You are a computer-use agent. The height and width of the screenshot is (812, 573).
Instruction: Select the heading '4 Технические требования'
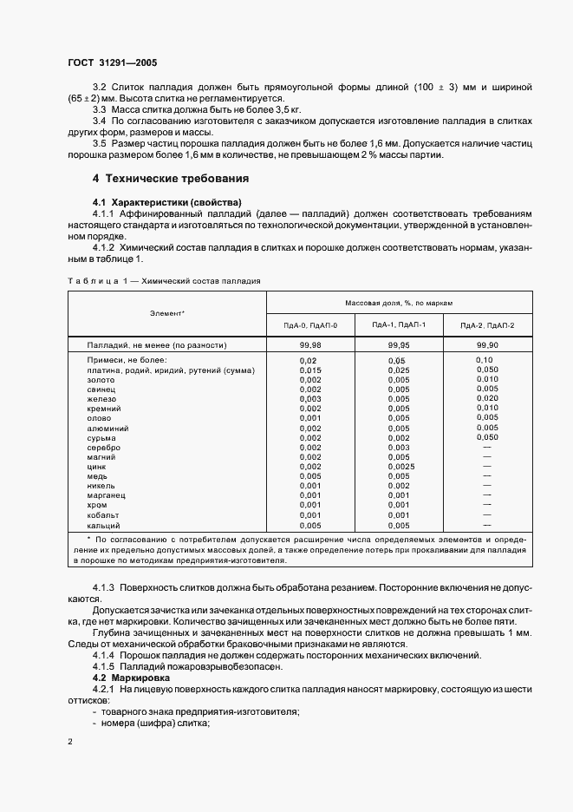(x=171, y=179)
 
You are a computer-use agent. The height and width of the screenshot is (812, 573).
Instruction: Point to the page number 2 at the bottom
(x=70, y=742)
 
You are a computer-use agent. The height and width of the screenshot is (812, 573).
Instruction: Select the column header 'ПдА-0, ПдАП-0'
(x=309, y=324)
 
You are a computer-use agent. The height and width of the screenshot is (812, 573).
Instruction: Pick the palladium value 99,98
(x=309, y=344)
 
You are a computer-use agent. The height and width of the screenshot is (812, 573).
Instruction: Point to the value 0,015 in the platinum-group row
(x=309, y=370)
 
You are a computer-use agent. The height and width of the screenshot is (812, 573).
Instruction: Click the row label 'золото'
(x=100, y=379)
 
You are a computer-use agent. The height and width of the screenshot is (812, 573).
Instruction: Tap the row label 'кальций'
(x=103, y=525)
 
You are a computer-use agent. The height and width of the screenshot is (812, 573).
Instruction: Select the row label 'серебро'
(x=103, y=447)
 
